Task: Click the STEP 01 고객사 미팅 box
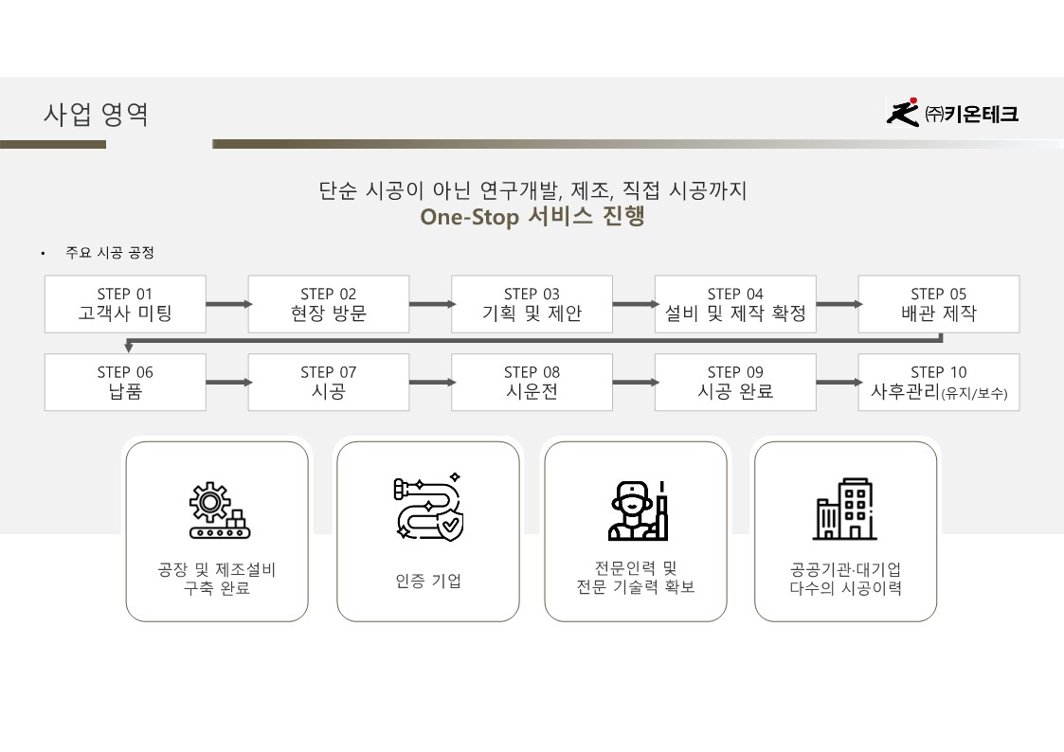tap(125, 304)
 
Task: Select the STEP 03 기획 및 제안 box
tap(532, 304)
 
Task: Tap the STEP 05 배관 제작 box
tap(938, 304)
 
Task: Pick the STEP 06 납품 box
tap(125, 383)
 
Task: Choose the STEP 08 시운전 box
tap(532, 383)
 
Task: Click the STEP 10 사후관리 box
tap(938, 383)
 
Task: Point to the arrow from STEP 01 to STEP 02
tap(227, 304)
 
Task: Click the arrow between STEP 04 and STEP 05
tap(838, 304)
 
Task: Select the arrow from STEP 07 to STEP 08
tap(430, 383)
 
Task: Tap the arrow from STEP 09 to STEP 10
tap(838, 383)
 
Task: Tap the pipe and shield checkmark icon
tap(427, 509)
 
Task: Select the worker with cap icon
tap(637, 510)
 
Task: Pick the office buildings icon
tap(844, 509)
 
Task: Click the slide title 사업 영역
tap(96, 115)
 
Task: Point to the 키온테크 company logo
tap(951, 114)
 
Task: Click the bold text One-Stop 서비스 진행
tap(532, 217)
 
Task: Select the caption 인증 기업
tap(428, 581)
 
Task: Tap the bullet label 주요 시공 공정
tap(109, 253)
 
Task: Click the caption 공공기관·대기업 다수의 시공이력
tap(845, 579)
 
